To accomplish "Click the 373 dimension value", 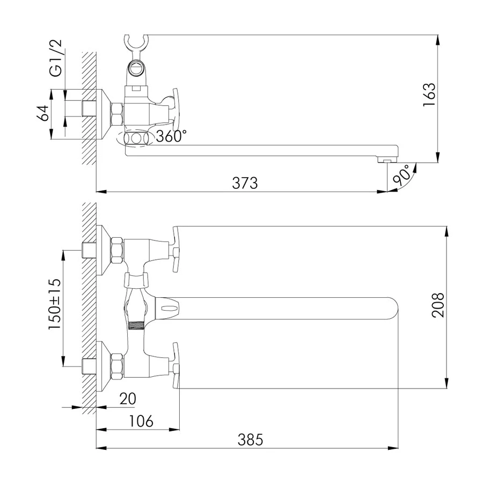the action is tap(245, 183).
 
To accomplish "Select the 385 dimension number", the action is tap(251, 440).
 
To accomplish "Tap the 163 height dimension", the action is tap(429, 95).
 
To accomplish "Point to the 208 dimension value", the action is tap(438, 305).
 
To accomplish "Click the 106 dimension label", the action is tap(141, 421).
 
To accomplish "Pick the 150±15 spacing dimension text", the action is tap(55, 304).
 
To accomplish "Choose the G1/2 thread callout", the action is tap(56, 58).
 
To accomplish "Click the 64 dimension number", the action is tap(43, 113).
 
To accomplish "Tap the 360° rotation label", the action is tap(171, 136).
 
